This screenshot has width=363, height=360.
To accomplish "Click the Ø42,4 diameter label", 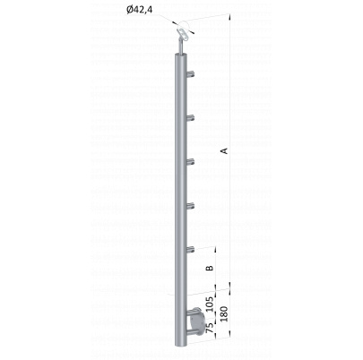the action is (140, 10).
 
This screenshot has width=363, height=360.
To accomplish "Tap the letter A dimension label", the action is (225, 150).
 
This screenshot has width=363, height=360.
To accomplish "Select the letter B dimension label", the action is (211, 268).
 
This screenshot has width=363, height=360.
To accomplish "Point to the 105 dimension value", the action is (211, 304).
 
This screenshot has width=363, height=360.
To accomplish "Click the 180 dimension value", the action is (224, 313).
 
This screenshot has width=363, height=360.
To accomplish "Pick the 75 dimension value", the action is (211, 328).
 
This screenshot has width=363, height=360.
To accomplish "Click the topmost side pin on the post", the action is (190, 73).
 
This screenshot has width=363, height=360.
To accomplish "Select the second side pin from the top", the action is (190, 118).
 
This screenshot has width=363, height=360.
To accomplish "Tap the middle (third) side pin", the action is (190, 162).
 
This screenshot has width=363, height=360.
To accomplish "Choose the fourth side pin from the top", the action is (190, 205).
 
